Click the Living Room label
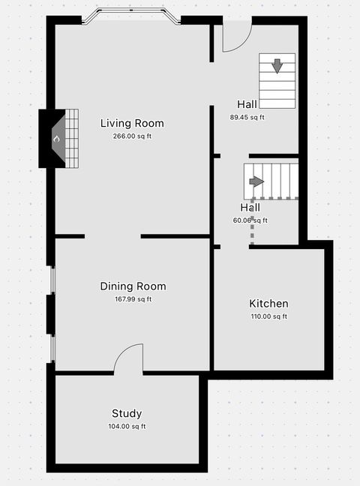click(x=132, y=124)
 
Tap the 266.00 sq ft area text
click(x=132, y=136)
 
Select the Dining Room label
click(x=133, y=286)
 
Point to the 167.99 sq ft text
click(x=133, y=299)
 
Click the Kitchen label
click(x=268, y=304)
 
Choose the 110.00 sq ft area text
click(x=268, y=316)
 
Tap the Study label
click(x=127, y=413)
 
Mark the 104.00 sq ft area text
click(x=127, y=427)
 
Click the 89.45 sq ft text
click(x=247, y=117)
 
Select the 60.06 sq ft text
click(x=250, y=220)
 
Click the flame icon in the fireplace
click(x=55, y=139)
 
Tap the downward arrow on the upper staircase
click(x=277, y=65)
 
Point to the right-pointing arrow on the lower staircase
click(x=256, y=181)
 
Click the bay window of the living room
click(x=131, y=16)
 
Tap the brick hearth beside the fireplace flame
click(x=71, y=138)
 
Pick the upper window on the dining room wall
click(x=52, y=280)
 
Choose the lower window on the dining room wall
click(x=52, y=348)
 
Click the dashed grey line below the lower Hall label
click(x=252, y=232)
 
